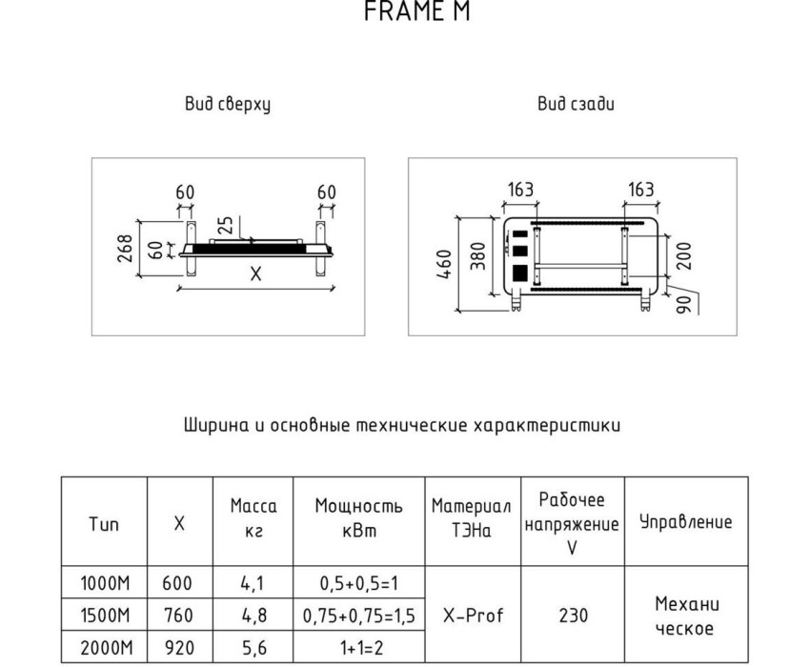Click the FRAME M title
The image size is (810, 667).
[417, 10]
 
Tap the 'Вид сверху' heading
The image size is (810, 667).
[228, 105]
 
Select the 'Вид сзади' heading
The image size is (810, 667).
[576, 104]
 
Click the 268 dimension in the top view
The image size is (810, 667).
[126, 249]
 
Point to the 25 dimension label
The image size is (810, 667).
[226, 226]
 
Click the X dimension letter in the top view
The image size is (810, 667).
[255, 273]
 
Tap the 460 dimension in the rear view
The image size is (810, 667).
[444, 265]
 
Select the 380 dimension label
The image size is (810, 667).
[478, 255]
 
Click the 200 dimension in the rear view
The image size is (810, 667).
[683, 255]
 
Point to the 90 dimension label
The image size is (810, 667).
[684, 304]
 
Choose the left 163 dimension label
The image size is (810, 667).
[520, 190]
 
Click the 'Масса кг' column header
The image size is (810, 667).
[253, 518]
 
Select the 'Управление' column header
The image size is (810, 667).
[686, 522]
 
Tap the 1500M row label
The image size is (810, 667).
[105, 616]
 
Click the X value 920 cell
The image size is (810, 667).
[179, 647]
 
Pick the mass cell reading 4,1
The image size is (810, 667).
[253, 583]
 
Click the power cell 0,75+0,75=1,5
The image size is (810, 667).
[359, 616]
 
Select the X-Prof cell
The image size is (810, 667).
[474, 616]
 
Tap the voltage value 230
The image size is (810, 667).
[574, 616]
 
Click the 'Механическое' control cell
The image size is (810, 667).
[686, 616]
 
